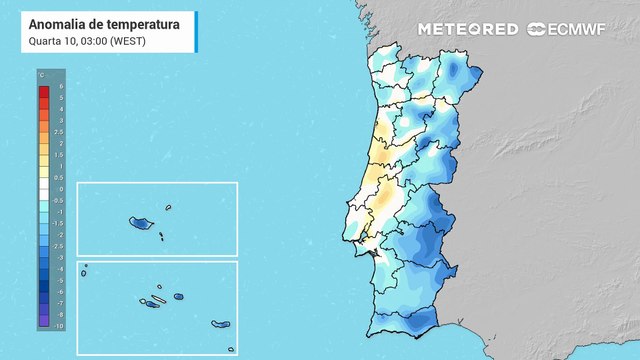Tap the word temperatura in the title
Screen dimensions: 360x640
click(x=138, y=24)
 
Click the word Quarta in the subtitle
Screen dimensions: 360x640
click(x=44, y=41)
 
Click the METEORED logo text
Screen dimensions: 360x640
click(x=468, y=29)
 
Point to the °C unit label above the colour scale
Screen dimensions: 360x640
click(x=41, y=76)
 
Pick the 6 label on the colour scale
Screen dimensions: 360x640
click(x=61, y=87)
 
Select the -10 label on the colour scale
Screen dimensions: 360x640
click(x=60, y=326)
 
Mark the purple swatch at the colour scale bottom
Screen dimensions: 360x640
click(x=44, y=321)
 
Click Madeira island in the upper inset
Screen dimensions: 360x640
click(x=138, y=223)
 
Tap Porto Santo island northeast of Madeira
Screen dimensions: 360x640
click(x=169, y=208)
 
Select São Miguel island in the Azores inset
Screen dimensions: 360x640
click(x=221, y=324)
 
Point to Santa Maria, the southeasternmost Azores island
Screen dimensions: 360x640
click(x=231, y=349)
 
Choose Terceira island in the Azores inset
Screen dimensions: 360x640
click(x=179, y=296)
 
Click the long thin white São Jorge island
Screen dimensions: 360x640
click(x=158, y=299)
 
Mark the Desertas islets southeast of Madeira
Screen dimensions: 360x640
click(x=160, y=236)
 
